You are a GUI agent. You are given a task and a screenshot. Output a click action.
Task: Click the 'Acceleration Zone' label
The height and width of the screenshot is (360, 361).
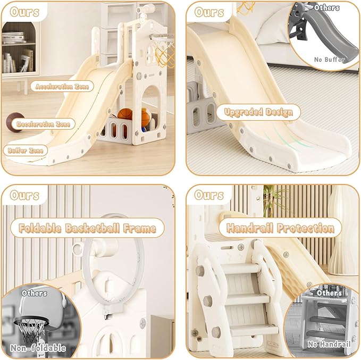point(62,86)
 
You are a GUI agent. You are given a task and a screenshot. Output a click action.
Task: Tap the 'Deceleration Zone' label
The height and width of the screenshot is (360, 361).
point(43,124)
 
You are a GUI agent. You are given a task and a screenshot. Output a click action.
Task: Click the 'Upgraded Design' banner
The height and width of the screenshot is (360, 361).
point(258,112)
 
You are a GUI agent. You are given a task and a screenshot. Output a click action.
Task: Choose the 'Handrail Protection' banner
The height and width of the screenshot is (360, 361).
point(280,228)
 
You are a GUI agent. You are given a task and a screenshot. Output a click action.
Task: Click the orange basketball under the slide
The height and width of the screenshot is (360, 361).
point(125,114)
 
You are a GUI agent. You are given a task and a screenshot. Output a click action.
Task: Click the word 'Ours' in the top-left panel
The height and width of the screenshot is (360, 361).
point(24,12)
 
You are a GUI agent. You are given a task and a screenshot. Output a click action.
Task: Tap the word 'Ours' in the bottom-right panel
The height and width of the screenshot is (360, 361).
point(208,195)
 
